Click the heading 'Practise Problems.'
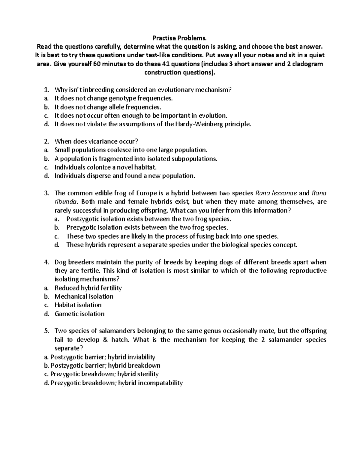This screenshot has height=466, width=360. (180, 38)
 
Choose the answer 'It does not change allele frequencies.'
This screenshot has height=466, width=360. (108, 107)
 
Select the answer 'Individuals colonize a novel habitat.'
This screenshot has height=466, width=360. (106, 167)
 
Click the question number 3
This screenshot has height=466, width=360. (46, 193)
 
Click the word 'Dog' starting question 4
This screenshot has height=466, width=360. (60, 262)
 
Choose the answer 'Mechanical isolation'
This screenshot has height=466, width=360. (84, 296)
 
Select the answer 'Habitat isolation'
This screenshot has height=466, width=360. (78, 305)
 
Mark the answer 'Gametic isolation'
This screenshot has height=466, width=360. (79, 314)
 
